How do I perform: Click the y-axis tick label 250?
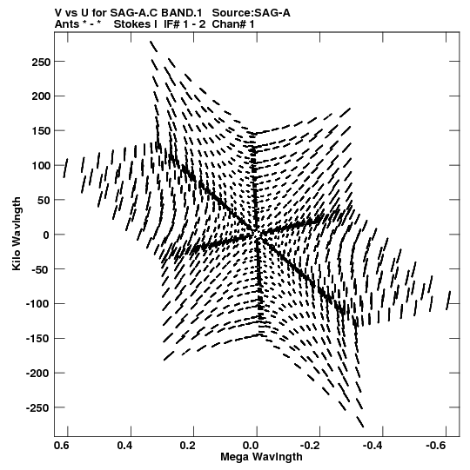click(x=40, y=62)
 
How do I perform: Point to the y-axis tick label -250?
click(x=37, y=408)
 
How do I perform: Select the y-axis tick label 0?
click(x=46, y=235)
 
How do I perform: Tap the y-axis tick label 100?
click(x=40, y=166)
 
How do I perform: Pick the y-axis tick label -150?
click(x=37, y=339)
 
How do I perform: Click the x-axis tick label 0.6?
click(x=62, y=446)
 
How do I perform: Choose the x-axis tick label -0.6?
click(x=435, y=446)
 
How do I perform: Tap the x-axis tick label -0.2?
click(x=310, y=446)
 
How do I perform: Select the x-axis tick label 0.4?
click(x=124, y=446)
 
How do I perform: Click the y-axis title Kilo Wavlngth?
click(x=17, y=234)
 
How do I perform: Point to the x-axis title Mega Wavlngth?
click(x=261, y=457)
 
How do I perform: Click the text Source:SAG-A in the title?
click(x=251, y=13)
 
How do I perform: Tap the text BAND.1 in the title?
click(x=183, y=13)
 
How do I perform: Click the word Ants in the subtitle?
click(x=67, y=24)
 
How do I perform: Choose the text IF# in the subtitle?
click(x=171, y=24)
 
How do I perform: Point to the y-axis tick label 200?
click(x=40, y=96)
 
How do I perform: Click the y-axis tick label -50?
click(x=40, y=269)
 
